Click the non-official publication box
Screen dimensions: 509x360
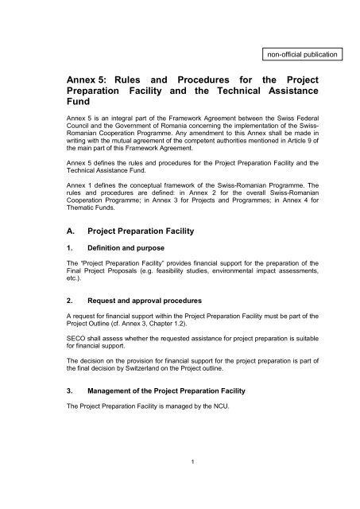pos(295,55)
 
